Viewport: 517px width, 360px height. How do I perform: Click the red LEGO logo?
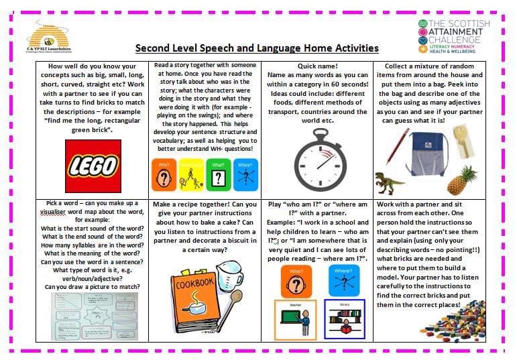[x=93, y=166]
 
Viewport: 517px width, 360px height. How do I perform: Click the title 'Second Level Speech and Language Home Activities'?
[x=257, y=48]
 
